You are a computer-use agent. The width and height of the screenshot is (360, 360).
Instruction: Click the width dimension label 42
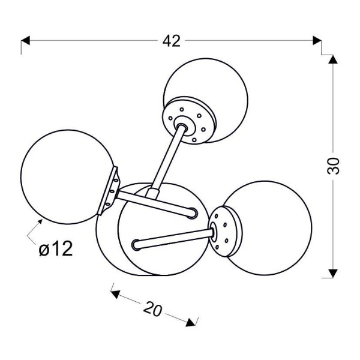click(x=171, y=41)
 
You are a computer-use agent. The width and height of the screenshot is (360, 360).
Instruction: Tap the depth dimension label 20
click(x=154, y=308)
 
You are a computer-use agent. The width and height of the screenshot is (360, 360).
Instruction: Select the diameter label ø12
click(x=56, y=248)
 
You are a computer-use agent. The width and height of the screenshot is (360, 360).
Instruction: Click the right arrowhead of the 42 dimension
click(x=317, y=41)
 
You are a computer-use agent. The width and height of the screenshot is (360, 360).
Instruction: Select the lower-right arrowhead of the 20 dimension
click(x=192, y=322)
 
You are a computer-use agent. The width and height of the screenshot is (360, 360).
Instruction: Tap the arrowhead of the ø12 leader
click(x=40, y=223)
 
